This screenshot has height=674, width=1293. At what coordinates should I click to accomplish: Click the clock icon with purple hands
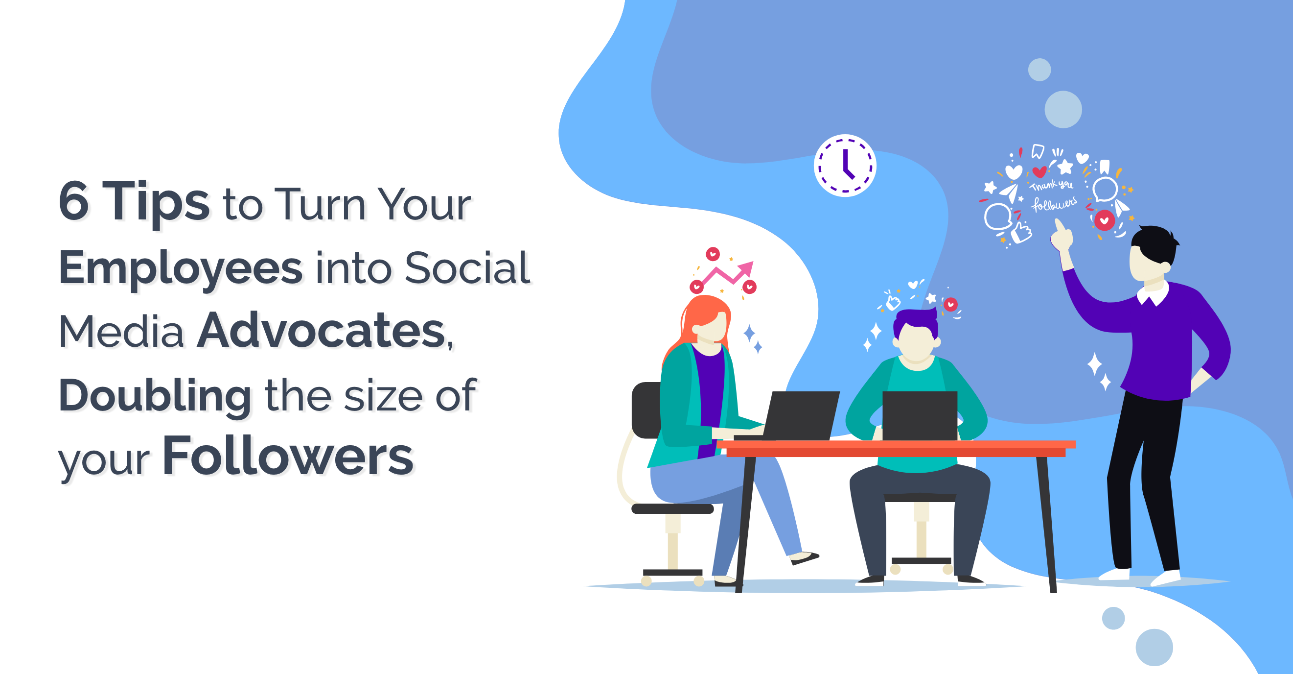[x=845, y=165]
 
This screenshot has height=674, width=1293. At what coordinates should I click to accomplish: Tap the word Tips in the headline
[x=156, y=202]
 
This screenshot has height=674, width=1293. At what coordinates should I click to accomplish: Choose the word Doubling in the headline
[x=155, y=395]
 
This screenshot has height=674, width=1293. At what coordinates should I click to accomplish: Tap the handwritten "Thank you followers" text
[x=1053, y=194]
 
